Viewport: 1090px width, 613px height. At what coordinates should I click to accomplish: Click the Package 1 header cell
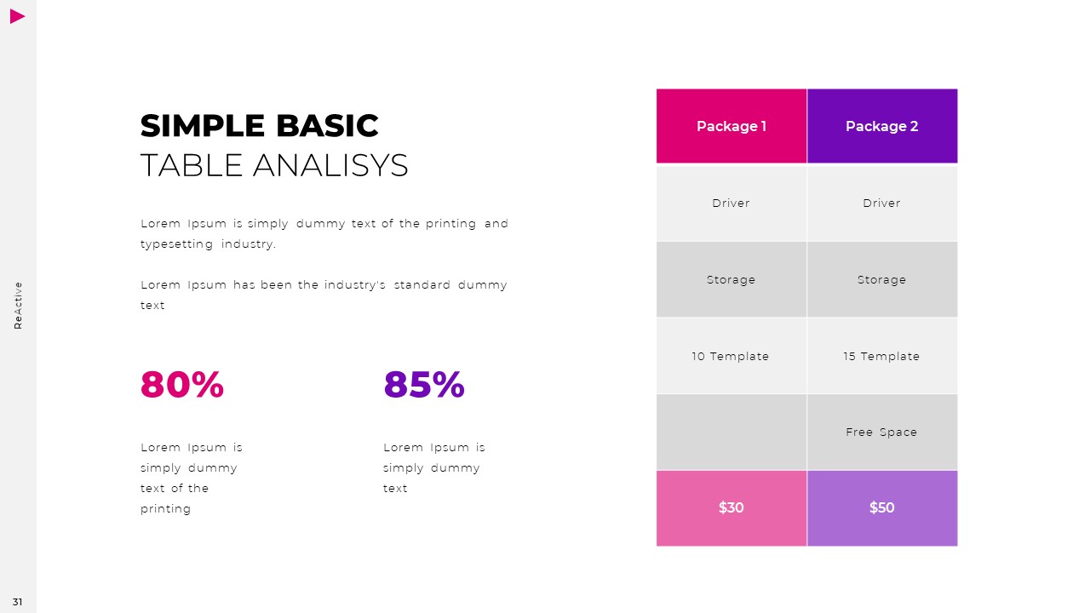[731, 126]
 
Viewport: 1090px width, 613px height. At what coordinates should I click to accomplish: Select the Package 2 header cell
[881, 126]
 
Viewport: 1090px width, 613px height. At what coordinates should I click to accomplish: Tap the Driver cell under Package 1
[731, 203]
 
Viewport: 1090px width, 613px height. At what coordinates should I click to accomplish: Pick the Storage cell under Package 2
[881, 279]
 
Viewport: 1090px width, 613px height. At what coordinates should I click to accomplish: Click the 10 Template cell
[731, 356]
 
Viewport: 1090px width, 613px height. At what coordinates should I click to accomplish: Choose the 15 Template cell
[881, 356]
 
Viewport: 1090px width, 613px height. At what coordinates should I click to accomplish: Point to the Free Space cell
[881, 432]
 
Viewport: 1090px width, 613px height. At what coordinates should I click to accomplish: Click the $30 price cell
[731, 507]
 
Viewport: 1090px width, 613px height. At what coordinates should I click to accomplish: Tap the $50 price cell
[881, 507]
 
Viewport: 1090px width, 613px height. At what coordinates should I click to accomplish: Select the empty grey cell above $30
[731, 432]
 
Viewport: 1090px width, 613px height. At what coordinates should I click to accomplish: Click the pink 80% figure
[182, 385]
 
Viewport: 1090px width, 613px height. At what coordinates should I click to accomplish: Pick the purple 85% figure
[424, 385]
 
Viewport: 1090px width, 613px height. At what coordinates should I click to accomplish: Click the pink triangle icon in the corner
[17, 16]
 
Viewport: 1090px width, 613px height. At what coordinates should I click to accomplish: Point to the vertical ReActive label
[18, 305]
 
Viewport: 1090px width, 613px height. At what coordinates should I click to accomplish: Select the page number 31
[18, 602]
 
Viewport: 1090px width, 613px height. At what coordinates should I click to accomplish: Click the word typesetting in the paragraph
[177, 244]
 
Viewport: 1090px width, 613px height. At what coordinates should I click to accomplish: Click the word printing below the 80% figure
[166, 509]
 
